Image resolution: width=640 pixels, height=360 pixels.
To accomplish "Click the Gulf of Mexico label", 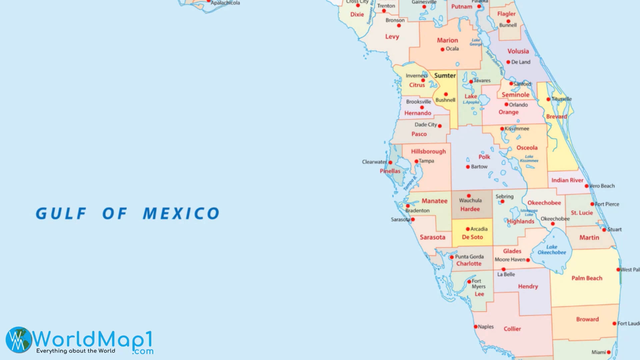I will [127, 214].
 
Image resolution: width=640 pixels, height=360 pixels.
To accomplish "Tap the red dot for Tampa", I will [416, 161].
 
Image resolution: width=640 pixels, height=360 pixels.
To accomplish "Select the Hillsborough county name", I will [428, 151].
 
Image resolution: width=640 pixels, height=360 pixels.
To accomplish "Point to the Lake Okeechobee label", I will [552, 250].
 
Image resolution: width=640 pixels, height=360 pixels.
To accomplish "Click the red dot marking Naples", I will [476, 327].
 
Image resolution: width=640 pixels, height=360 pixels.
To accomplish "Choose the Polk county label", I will [484, 157].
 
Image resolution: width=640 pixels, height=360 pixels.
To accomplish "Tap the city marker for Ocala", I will [442, 49].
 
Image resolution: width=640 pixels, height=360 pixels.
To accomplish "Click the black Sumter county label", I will [445, 76].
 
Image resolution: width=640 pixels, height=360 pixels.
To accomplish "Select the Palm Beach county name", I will [587, 278].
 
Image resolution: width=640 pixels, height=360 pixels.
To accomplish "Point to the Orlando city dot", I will [506, 104].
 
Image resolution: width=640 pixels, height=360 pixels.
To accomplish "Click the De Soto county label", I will [472, 237].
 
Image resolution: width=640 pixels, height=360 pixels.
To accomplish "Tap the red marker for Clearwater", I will [390, 162].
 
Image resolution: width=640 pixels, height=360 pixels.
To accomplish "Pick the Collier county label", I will [512, 329].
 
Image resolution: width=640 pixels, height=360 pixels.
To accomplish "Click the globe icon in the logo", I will [18, 340].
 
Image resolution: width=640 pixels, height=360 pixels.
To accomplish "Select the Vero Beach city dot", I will [587, 186].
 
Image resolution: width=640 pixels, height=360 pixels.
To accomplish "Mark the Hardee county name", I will [470, 209].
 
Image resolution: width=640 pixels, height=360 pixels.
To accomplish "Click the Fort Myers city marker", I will [469, 282].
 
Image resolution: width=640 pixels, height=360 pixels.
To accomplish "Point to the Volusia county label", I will [518, 51].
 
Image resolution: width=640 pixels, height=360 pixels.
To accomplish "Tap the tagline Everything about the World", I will [76, 351].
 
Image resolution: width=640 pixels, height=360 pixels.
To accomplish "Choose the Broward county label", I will [587, 319].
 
